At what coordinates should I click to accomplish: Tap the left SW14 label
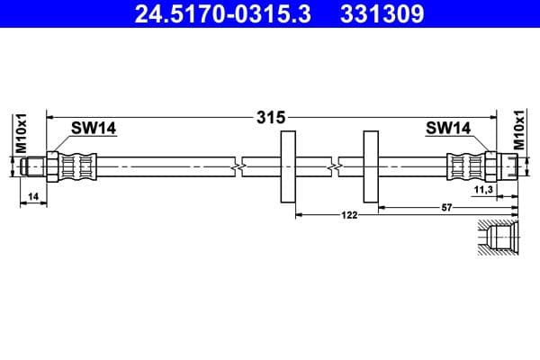[94, 129]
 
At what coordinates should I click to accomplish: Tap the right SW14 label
[448, 129]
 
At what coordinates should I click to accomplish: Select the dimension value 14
[32, 195]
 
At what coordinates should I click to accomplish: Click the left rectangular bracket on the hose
[289, 167]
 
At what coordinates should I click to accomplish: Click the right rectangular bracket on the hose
[371, 167]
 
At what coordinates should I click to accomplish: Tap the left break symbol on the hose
[236, 167]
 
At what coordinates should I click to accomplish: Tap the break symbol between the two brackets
[333, 167]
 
